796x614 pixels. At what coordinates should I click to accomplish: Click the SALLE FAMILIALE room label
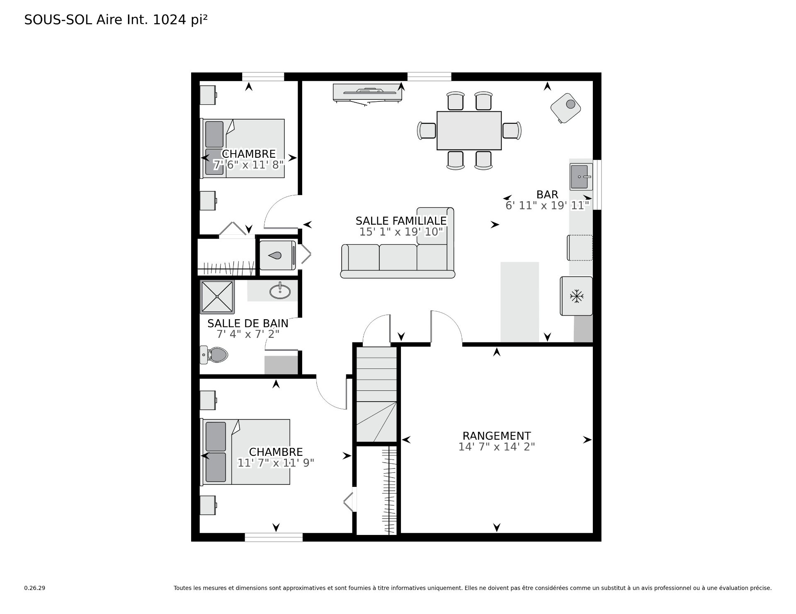pyautogui.click(x=401, y=221)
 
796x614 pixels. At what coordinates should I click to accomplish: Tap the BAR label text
pyautogui.click(x=547, y=195)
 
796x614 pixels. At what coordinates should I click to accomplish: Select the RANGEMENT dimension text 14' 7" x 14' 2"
pyautogui.click(x=497, y=447)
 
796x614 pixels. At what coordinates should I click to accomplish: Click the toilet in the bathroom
pyautogui.click(x=214, y=355)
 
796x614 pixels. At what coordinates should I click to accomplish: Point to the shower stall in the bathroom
pyautogui.click(x=217, y=297)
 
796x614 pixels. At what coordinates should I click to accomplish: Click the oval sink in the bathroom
pyautogui.click(x=280, y=291)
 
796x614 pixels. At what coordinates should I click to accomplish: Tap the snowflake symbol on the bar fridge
pyautogui.click(x=577, y=296)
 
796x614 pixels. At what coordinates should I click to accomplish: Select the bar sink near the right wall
pyautogui.click(x=581, y=176)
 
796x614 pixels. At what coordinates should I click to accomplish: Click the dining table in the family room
pyautogui.click(x=469, y=130)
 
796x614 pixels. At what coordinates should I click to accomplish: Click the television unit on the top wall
pyautogui.click(x=367, y=94)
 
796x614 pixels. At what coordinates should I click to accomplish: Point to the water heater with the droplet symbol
pyautogui.click(x=277, y=255)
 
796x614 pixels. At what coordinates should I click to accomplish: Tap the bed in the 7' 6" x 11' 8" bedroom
pyautogui.click(x=243, y=148)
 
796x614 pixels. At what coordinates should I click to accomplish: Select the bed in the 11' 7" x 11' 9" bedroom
pyautogui.click(x=245, y=452)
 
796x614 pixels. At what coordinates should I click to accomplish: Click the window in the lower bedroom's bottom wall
pyautogui.click(x=274, y=537)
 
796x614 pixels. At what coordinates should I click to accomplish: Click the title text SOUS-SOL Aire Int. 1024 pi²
pyautogui.click(x=116, y=20)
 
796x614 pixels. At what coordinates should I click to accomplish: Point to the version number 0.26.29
pyautogui.click(x=34, y=588)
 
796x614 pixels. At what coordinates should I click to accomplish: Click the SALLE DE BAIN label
pyautogui.click(x=248, y=323)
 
